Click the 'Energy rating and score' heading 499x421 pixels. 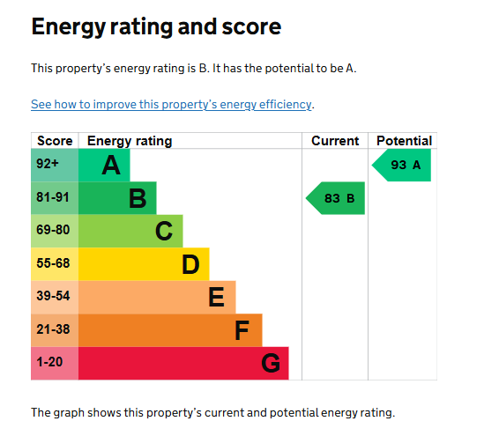(156, 27)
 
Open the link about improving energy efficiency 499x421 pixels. (171, 104)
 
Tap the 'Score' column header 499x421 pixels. (55, 141)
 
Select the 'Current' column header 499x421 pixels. (335, 141)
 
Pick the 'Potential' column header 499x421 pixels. (404, 141)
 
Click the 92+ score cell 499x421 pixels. (55, 165)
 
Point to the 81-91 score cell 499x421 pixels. (55, 198)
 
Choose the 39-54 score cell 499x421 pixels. (55, 297)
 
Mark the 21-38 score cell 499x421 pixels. (55, 330)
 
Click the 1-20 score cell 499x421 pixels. (55, 363)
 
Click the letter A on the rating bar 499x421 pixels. (111, 165)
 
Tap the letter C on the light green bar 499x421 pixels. (164, 231)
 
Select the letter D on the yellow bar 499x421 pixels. (190, 264)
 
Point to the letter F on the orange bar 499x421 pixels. (242, 330)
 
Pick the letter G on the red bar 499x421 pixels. (271, 363)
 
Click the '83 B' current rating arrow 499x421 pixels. (336, 198)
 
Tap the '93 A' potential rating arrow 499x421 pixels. (402, 165)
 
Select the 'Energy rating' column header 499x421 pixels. (130, 141)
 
